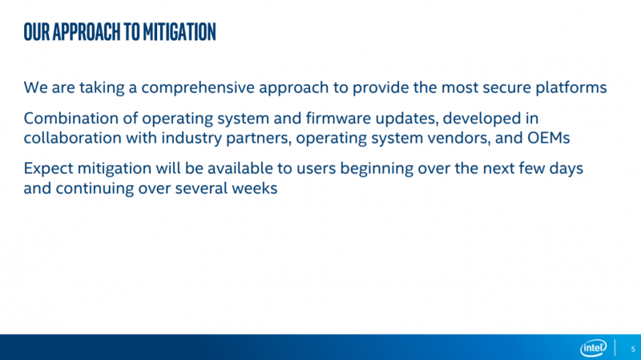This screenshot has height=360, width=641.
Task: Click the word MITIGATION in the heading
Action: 179,32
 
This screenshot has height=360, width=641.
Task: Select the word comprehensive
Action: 198,88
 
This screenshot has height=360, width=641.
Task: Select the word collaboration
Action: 72,138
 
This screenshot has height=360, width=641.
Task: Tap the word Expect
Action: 48,169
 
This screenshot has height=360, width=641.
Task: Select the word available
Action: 240,168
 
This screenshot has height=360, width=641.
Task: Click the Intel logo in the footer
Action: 593,348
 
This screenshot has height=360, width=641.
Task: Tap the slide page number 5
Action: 633,350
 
